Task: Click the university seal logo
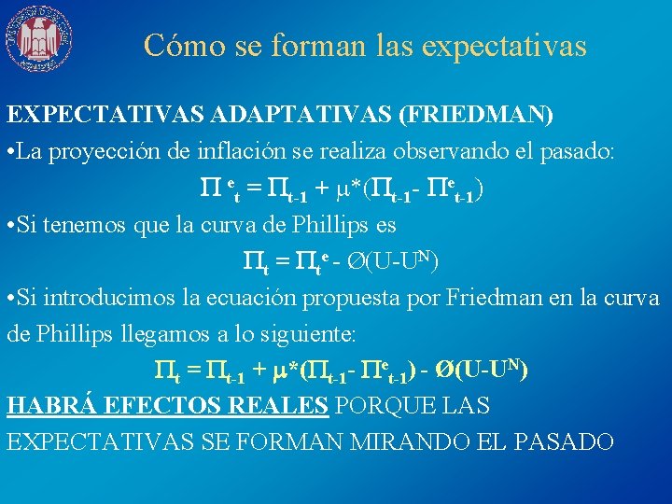pyautogui.click(x=38, y=38)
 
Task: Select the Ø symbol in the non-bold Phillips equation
pyautogui.click(x=357, y=259)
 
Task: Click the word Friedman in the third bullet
pyautogui.click(x=495, y=298)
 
